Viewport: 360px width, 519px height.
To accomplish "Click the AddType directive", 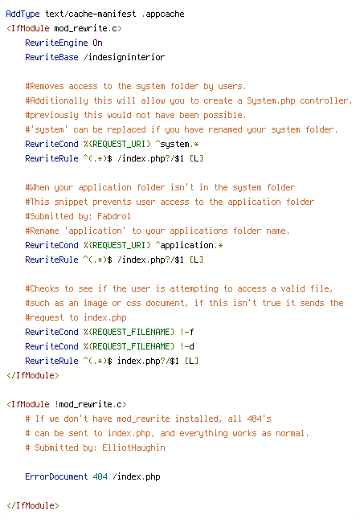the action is click(22, 14).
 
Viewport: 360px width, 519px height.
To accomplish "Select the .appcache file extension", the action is click(162, 14).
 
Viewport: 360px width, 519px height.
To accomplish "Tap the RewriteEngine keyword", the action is click(56, 43).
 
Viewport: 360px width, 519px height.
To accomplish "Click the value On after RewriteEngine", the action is click(97, 43).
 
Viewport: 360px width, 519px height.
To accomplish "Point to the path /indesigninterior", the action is click(125, 57).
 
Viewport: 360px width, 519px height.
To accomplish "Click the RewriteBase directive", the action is click(51, 57).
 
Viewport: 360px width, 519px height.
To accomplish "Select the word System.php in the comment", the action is click(271, 100).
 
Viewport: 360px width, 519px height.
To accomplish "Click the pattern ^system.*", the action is click(177, 144).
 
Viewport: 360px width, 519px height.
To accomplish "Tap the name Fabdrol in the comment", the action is click(114, 216).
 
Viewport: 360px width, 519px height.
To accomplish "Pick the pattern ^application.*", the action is click(189, 245).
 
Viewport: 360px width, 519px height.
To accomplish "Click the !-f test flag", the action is click(186, 332).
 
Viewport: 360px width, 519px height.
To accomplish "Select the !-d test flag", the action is click(186, 346).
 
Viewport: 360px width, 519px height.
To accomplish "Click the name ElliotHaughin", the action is click(133, 447).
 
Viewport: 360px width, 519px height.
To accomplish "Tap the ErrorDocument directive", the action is click(56, 476).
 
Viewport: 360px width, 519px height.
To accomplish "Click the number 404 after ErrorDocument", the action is click(100, 476).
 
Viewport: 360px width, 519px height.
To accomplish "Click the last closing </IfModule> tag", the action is click(32, 505).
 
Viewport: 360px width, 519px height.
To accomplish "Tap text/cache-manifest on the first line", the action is click(91, 14).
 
